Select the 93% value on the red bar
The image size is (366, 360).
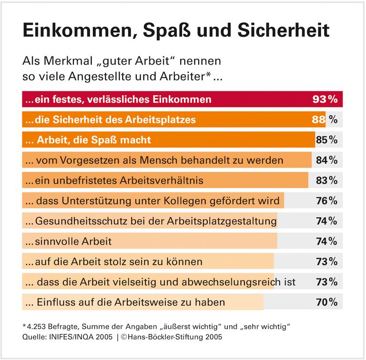[325, 100]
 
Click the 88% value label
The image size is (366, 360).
[325, 120]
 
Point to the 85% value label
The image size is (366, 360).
[326, 140]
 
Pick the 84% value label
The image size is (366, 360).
[326, 160]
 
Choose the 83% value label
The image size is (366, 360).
[326, 180]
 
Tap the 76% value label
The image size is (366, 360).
[326, 201]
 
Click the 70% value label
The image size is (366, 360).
[326, 302]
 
